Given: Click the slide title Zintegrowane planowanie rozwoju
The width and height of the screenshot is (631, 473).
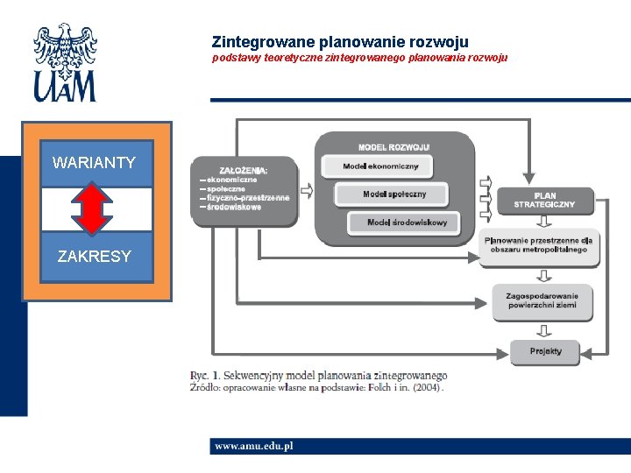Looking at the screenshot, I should coord(340,41).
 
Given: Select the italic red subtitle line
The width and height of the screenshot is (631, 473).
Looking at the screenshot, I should coord(359,59).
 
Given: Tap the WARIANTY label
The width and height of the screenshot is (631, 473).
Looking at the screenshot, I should coord(94,162).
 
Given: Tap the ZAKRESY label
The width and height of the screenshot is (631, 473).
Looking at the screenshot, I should coord(94,257).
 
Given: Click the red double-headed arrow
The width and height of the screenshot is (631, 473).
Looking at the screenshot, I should coord(95,208).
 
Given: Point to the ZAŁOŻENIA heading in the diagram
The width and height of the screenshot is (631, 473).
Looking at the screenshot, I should coord(244,170).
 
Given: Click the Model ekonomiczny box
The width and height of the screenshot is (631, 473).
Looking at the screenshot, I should coord(380,166).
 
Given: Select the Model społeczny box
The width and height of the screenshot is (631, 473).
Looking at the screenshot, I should coord(393,194).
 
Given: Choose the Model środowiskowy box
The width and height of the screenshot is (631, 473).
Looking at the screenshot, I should coord(407,222).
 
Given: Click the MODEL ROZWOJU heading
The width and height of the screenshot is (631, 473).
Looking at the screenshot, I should coord(393,146).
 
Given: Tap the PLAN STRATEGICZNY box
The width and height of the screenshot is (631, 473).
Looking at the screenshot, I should coord(544,200).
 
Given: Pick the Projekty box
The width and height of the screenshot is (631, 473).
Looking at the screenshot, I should coord(545,351).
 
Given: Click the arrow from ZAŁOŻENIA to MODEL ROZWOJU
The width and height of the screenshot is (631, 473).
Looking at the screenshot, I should coord(306,190).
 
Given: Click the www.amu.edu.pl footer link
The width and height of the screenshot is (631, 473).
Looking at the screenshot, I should coord(254,446).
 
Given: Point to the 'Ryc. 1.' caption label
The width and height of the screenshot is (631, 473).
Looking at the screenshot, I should coord(206,376).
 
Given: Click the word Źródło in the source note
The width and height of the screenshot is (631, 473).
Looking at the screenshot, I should coord(208,387).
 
